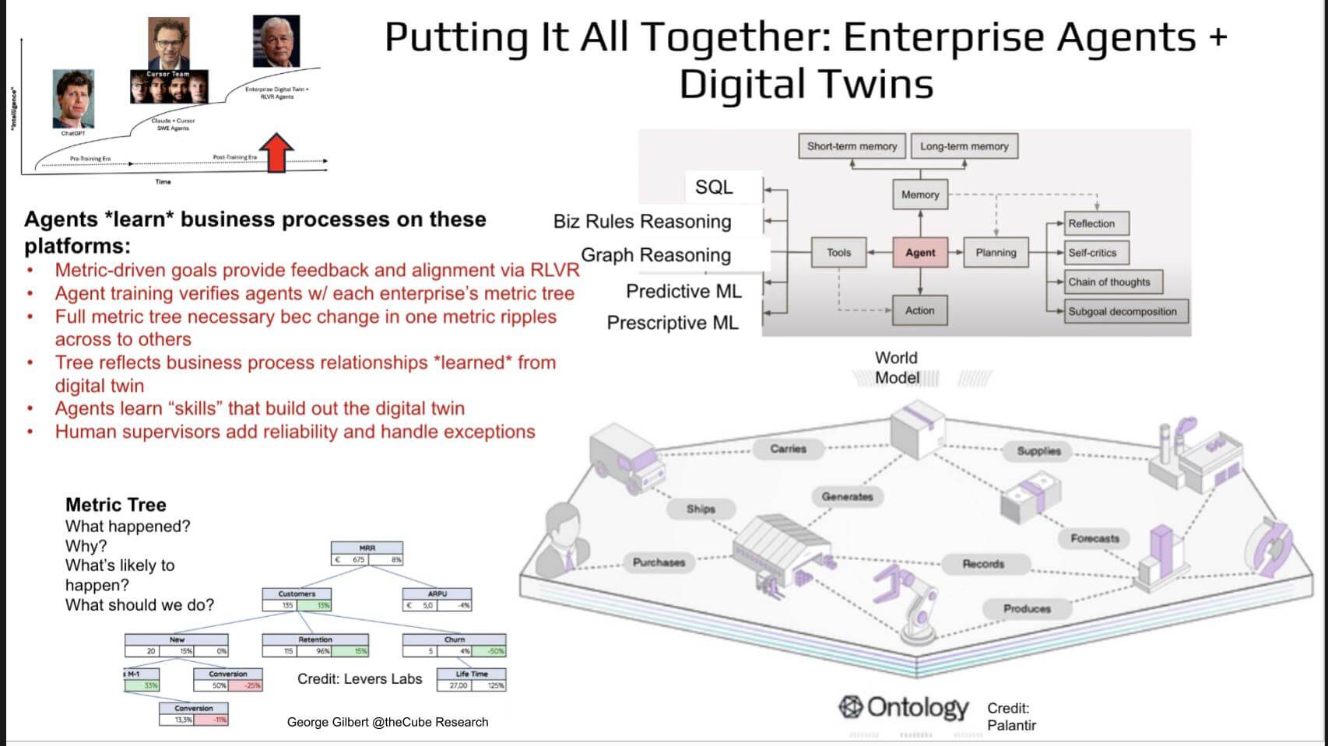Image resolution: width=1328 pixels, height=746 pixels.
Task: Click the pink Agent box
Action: (x=920, y=253)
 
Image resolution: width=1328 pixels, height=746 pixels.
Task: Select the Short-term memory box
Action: (x=852, y=146)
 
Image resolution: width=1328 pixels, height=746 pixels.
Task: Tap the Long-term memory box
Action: (x=964, y=146)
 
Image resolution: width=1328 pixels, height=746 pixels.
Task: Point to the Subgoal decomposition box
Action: (x=1122, y=311)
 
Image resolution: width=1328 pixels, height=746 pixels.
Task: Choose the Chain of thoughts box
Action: (x=1108, y=282)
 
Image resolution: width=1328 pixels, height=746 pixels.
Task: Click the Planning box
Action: (x=996, y=253)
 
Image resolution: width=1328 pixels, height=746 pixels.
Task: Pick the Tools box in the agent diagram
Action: (x=838, y=253)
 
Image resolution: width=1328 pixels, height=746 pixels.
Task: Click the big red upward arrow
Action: (x=276, y=152)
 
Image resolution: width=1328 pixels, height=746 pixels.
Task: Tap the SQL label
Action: (x=714, y=187)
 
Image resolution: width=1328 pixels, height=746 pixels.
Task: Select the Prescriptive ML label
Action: (x=673, y=323)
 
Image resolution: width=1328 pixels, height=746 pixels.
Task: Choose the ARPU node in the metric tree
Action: (x=437, y=600)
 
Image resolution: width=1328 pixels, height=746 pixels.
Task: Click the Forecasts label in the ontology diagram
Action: (x=1094, y=538)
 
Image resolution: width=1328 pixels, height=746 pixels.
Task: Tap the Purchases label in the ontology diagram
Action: (x=659, y=562)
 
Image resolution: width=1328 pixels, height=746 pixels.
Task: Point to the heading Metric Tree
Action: (x=116, y=505)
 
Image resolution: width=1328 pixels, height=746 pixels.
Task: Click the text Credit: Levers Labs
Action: (x=360, y=679)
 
